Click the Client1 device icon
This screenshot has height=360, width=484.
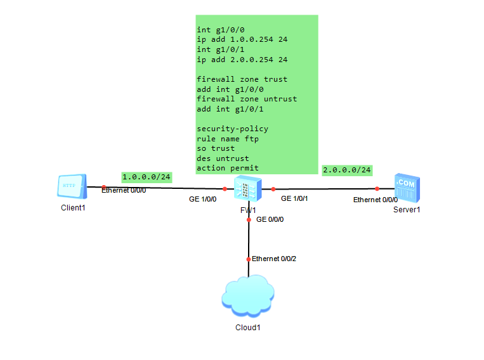tap(70, 187)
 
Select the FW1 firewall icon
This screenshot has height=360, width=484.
tap(247, 188)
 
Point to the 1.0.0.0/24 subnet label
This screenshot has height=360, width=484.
tap(147, 176)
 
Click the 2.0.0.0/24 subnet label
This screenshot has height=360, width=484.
tap(347, 170)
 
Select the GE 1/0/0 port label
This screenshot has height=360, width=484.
tap(203, 198)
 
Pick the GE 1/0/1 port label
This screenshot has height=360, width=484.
tap(294, 198)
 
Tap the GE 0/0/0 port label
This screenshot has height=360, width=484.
tap(270, 219)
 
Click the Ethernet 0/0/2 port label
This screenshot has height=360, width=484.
tap(274, 259)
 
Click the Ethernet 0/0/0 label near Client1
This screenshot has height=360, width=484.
tap(123, 190)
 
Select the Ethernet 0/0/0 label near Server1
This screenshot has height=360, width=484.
tap(376, 200)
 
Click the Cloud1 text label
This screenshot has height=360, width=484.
tap(248, 328)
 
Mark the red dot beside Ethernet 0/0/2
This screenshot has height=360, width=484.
tap(249, 259)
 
